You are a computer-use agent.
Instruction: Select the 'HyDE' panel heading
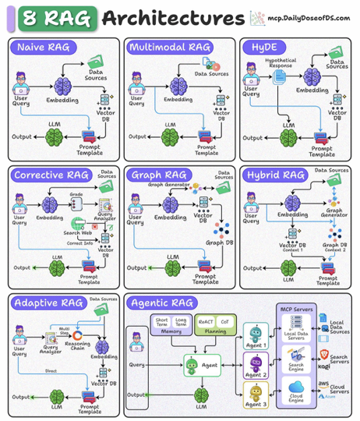(x=263, y=48)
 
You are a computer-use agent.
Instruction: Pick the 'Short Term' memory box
(x=162, y=321)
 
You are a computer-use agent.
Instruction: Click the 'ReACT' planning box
(x=206, y=320)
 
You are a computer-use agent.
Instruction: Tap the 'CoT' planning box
(x=226, y=320)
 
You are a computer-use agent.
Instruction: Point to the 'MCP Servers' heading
(x=295, y=310)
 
